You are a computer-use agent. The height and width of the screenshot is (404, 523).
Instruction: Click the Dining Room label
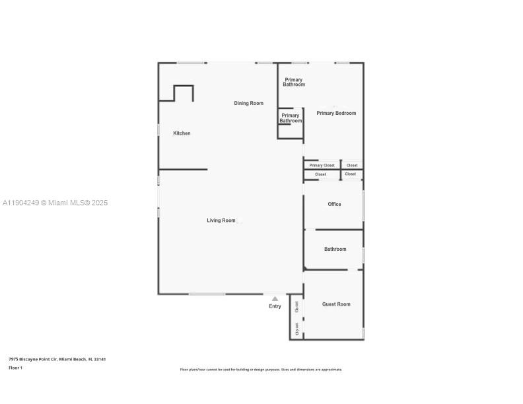(248, 103)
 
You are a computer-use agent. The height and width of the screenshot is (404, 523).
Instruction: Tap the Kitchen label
(182, 133)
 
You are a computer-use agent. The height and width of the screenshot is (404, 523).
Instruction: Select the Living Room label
(221, 220)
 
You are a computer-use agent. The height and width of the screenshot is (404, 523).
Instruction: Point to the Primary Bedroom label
(336, 113)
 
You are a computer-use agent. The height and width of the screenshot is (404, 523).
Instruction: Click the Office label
(335, 204)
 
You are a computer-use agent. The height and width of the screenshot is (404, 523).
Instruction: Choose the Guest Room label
(336, 304)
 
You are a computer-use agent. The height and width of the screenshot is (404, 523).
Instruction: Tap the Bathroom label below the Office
(335, 249)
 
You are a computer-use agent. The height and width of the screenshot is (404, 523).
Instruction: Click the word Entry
(275, 306)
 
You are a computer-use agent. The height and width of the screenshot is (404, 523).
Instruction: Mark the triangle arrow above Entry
(275, 298)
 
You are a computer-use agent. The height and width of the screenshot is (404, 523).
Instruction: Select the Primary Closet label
(322, 165)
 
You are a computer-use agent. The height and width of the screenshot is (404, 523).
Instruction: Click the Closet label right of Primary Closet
(352, 165)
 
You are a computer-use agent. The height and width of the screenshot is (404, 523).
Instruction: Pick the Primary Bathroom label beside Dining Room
(291, 118)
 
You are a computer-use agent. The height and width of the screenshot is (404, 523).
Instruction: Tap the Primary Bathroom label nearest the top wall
(294, 82)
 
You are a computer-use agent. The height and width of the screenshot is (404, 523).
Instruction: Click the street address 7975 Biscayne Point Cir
(32, 359)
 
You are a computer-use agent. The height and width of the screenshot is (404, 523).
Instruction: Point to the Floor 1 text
(15, 368)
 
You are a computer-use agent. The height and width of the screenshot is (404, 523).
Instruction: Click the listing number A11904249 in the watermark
(20, 203)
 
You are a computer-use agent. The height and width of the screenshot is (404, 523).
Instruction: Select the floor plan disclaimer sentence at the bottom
(261, 370)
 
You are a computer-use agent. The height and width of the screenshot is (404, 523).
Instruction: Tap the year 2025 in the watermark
(99, 203)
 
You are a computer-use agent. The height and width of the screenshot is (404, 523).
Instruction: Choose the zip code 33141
(100, 359)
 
